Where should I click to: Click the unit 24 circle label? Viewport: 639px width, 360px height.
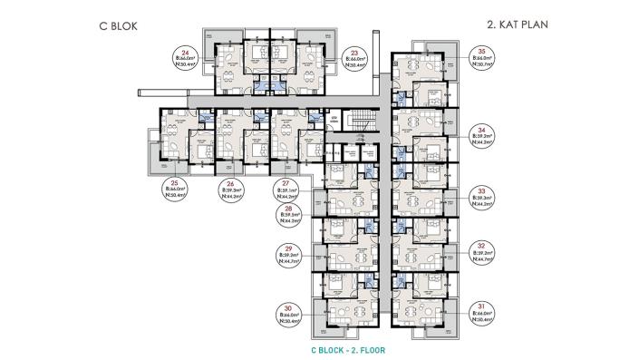tap(187, 59)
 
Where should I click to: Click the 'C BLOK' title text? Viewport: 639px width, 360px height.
tap(117, 26)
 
